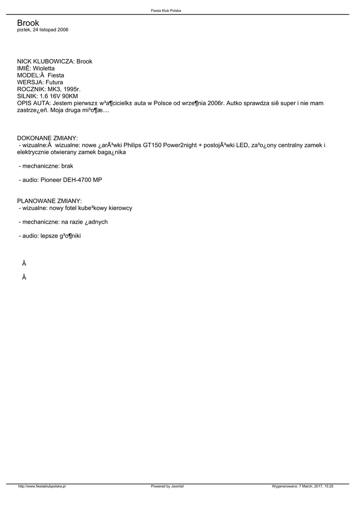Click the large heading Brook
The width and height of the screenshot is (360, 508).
[28, 23]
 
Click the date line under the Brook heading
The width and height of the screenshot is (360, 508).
[43, 30]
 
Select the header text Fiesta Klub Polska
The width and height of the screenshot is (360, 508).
[166, 10]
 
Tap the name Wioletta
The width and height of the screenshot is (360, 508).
[44, 68]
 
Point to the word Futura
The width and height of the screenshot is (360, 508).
[54, 82]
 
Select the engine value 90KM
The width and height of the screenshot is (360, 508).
[69, 96]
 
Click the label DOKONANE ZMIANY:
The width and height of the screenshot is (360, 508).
[47, 137]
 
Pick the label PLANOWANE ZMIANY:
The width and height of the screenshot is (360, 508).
[49, 201]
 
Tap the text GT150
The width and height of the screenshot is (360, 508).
[153, 145]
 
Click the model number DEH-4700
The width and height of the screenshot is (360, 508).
[76, 180]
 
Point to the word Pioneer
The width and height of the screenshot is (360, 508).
[51, 180]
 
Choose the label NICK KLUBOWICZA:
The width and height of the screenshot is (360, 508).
[46, 61]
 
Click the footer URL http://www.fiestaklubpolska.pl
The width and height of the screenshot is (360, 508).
[42, 486]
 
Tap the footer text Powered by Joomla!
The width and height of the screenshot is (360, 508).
[167, 486]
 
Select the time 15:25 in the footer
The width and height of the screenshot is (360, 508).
[329, 486]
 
